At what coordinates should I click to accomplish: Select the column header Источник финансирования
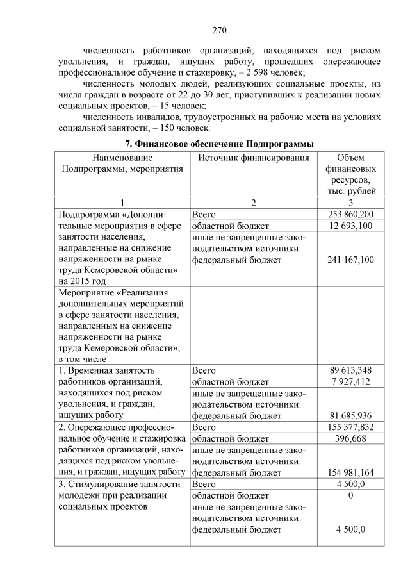(254, 158)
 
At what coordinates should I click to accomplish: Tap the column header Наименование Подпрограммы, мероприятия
(122, 163)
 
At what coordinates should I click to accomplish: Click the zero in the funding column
(350, 495)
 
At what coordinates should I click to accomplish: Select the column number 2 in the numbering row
(253, 203)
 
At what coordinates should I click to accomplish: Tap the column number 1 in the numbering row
(122, 203)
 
